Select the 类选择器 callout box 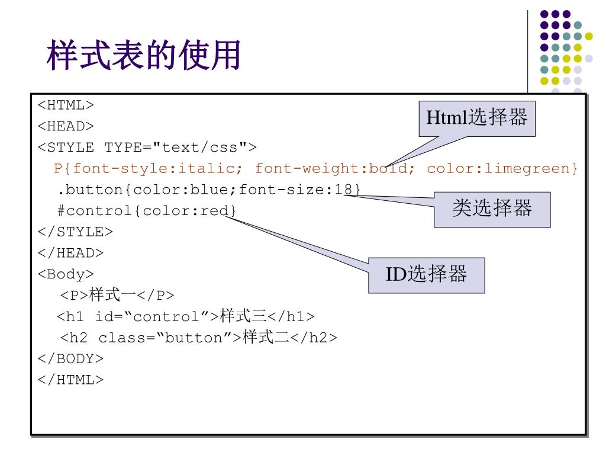coord(492,208)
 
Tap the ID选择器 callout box coord(427,274)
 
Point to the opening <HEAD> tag coord(66,126)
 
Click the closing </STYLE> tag coord(75,232)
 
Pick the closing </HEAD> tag coord(70,252)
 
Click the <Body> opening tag coord(66,274)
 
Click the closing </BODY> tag coord(70,358)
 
